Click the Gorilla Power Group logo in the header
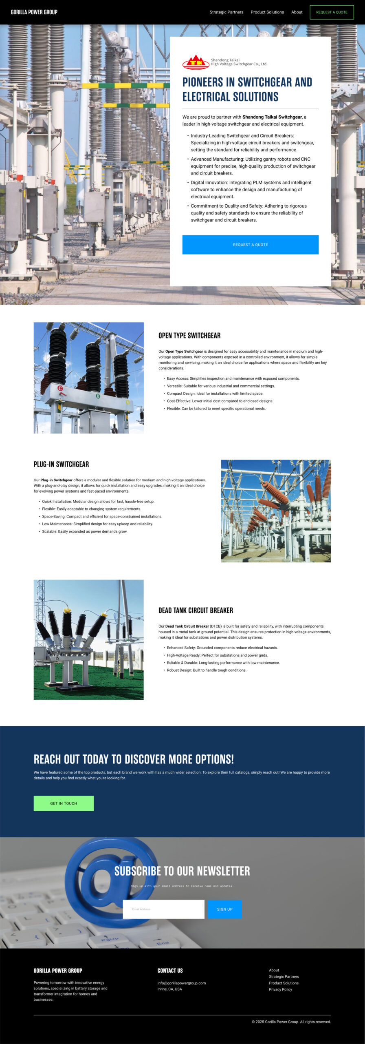point(34,12)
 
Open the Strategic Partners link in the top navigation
point(226,12)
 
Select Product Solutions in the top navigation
point(267,12)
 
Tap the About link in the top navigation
point(297,12)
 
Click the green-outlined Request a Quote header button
point(332,12)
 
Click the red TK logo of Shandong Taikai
point(196,62)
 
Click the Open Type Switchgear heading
point(189,336)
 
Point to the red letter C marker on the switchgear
point(60,388)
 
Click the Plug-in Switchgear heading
point(61,464)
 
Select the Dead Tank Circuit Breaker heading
point(196,610)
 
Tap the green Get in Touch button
point(64,803)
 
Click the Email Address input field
point(163,909)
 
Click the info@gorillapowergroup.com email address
point(182,983)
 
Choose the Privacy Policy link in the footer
point(280,989)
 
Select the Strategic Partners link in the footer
point(284,977)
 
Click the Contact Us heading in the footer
point(170,971)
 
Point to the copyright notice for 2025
point(291,1022)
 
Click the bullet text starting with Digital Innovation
point(251,189)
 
